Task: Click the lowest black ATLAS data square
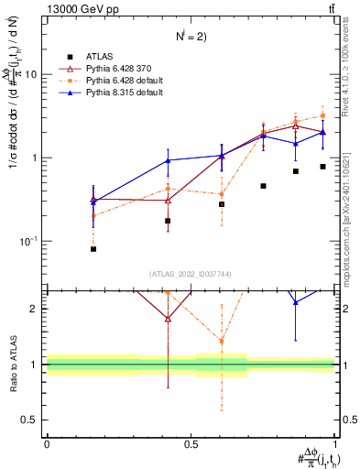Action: coord(93,249)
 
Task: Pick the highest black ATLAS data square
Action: coord(323,167)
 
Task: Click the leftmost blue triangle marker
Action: coord(93,200)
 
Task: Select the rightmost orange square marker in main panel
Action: coord(323,115)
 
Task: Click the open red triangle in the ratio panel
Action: coord(168,319)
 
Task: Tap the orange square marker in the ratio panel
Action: coord(222,342)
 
